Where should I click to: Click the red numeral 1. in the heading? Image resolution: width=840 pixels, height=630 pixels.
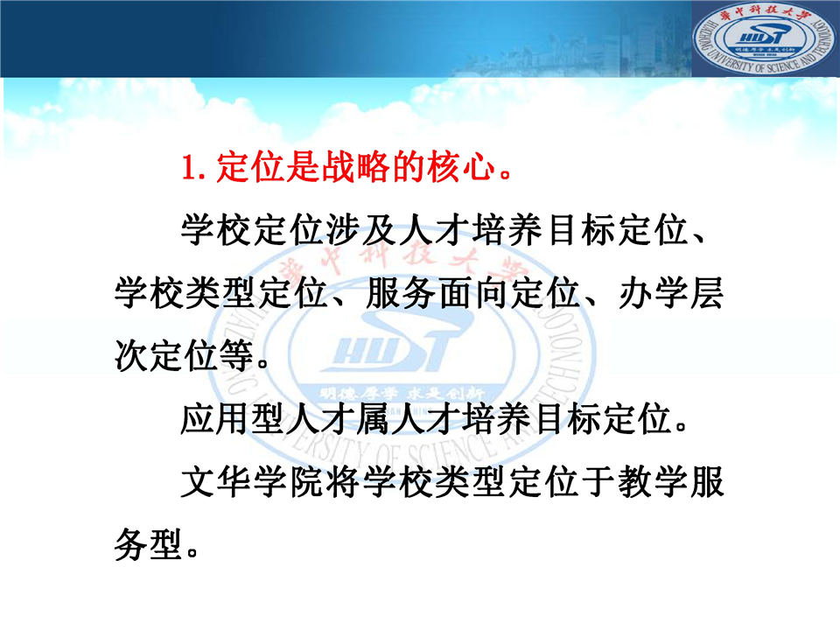tap(194, 167)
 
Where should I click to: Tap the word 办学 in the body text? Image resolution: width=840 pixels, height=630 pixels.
tap(654, 294)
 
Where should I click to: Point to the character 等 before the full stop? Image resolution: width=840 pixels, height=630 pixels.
tap(236, 356)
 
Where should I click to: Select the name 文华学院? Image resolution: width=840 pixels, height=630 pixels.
tap(253, 482)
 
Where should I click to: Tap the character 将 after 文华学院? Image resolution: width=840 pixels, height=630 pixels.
tap(343, 482)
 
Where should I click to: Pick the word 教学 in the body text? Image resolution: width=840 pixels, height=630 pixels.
tap(654, 482)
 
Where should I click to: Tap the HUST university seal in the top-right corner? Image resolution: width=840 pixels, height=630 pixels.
tap(764, 39)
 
